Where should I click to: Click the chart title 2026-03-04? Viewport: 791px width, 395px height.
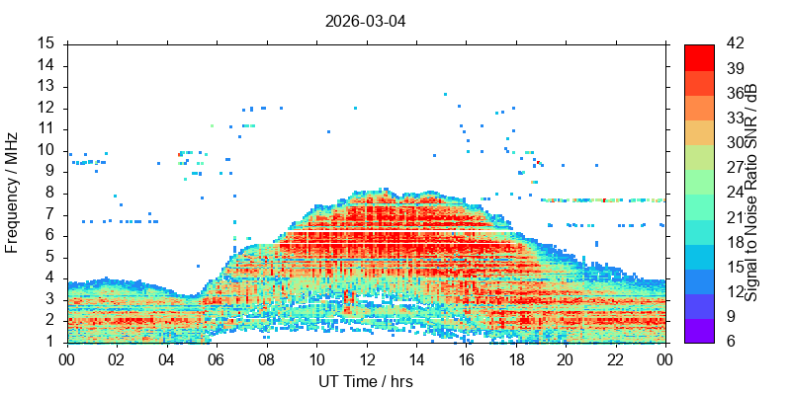tap(365, 22)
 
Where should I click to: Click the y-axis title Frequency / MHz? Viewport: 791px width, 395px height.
tap(11, 193)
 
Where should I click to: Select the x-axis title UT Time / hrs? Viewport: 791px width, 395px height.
tap(366, 381)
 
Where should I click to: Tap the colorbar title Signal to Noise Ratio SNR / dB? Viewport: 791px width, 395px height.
tap(751, 193)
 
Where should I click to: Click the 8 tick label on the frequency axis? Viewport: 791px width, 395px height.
tap(56, 194)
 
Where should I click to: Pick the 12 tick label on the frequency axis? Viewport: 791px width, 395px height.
tap(53, 109)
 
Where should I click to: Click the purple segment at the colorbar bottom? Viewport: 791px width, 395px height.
tap(699, 331)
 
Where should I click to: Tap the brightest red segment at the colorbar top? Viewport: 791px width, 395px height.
tap(699, 57)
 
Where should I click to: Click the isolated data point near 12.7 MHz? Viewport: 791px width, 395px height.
tap(445, 94)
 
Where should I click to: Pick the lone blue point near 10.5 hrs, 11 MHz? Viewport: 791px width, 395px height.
tap(328, 131)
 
